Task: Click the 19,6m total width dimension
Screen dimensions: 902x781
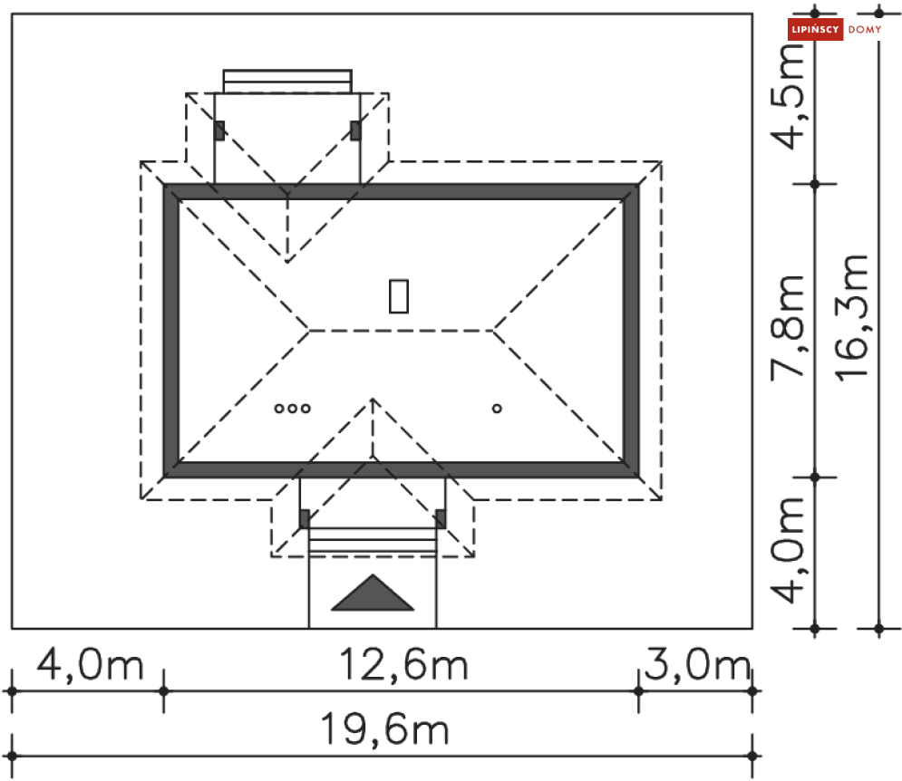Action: tap(384, 729)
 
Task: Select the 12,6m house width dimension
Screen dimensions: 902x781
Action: tap(403, 665)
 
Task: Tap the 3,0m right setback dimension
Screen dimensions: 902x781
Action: tap(697, 665)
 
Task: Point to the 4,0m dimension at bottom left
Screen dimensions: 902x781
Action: tap(90, 665)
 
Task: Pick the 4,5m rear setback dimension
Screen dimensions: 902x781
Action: tap(787, 96)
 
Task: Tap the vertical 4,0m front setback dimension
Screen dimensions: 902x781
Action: tap(787, 550)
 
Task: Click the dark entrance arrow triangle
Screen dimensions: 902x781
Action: tap(373, 593)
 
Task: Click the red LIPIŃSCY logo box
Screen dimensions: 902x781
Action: tap(815, 29)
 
